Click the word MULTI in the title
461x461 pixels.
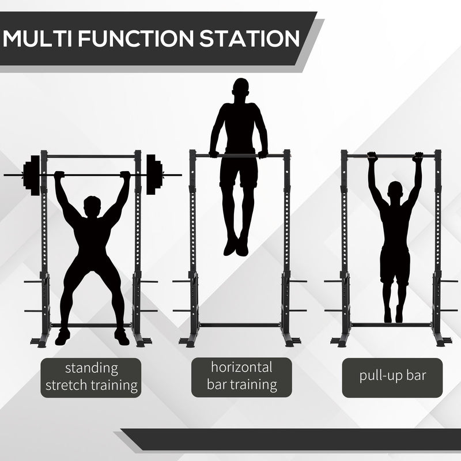[39, 39]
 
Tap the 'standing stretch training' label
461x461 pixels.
[92, 377]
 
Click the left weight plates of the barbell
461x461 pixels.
[33, 175]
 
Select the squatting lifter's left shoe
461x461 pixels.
[62, 337]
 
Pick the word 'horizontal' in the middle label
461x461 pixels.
[241, 367]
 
